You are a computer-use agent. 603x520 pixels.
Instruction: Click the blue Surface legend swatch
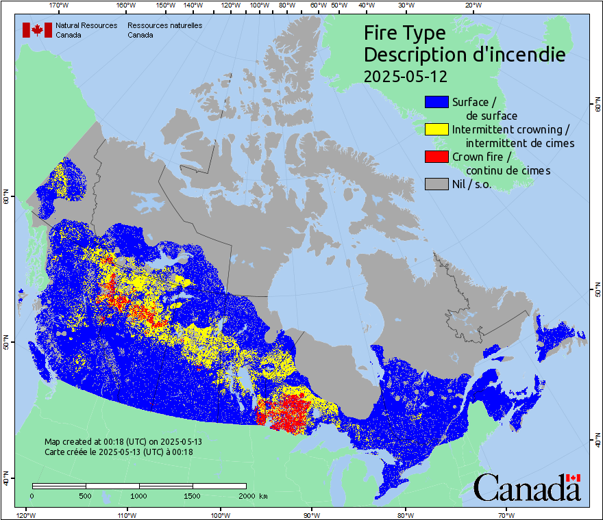[x=436, y=102]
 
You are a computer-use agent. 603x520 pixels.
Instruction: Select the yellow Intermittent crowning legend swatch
[x=436, y=129]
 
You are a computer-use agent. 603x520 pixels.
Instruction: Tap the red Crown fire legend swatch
[x=436, y=157]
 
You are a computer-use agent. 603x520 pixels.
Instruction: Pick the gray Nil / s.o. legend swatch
[x=436, y=184]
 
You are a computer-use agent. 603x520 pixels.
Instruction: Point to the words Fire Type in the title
[x=404, y=33]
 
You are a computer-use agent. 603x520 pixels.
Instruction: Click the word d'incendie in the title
[x=515, y=55]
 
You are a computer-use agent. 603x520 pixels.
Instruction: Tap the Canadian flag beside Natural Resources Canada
[x=37, y=30]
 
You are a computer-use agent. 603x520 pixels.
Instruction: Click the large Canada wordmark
[x=527, y=487]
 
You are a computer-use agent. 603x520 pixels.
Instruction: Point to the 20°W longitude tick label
[x=472, y=5]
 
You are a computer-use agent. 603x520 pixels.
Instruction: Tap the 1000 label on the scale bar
[x=139, y=495]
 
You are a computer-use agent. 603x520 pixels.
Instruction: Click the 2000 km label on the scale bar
[x=252, y=495]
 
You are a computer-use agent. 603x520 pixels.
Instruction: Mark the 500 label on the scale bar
[x=86, y=495]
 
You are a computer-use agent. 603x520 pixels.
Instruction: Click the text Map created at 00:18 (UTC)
[x=123, y=442]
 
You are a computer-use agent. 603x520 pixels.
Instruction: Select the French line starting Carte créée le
[x=119, y=452]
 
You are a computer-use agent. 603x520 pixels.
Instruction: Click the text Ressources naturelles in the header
[x=164, y=25]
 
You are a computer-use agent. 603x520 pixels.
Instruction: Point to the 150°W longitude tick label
[x=165, y=5]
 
